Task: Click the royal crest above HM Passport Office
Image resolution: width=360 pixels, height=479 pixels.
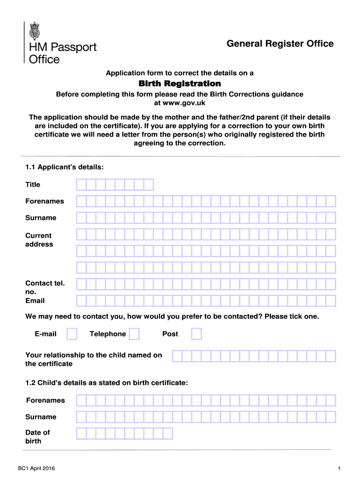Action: tap(35, 30)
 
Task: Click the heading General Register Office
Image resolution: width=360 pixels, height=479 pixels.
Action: tap(280, 44)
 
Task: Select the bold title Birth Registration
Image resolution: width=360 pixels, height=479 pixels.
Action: tap(180, 83)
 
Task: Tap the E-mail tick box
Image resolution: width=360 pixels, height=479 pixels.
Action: tap(72, 334)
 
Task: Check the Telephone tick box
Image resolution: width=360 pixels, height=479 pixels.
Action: tap(134, 334)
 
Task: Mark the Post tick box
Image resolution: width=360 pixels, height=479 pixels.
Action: tap(197, 334)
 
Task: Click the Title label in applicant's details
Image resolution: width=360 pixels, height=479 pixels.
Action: tap(33, 185)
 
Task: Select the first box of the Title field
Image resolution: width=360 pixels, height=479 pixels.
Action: tap(81, 185)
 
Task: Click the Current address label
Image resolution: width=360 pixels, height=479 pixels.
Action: tap(39, 240)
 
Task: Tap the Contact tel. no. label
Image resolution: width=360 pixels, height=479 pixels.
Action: tap(45, 287)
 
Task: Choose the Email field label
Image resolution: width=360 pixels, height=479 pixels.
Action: tap(35, 301)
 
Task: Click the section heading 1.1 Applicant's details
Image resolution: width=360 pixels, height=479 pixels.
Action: tap(65, 167)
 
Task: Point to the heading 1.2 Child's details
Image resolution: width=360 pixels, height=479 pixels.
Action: tap(107, 383)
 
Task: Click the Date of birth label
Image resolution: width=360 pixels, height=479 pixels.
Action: tap(37, 436)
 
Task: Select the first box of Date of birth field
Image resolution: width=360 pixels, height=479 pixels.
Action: tap(81, 434)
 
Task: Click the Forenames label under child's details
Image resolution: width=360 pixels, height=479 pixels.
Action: tap(45, 400)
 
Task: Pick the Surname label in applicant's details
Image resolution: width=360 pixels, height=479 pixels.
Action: tap(41, 218)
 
